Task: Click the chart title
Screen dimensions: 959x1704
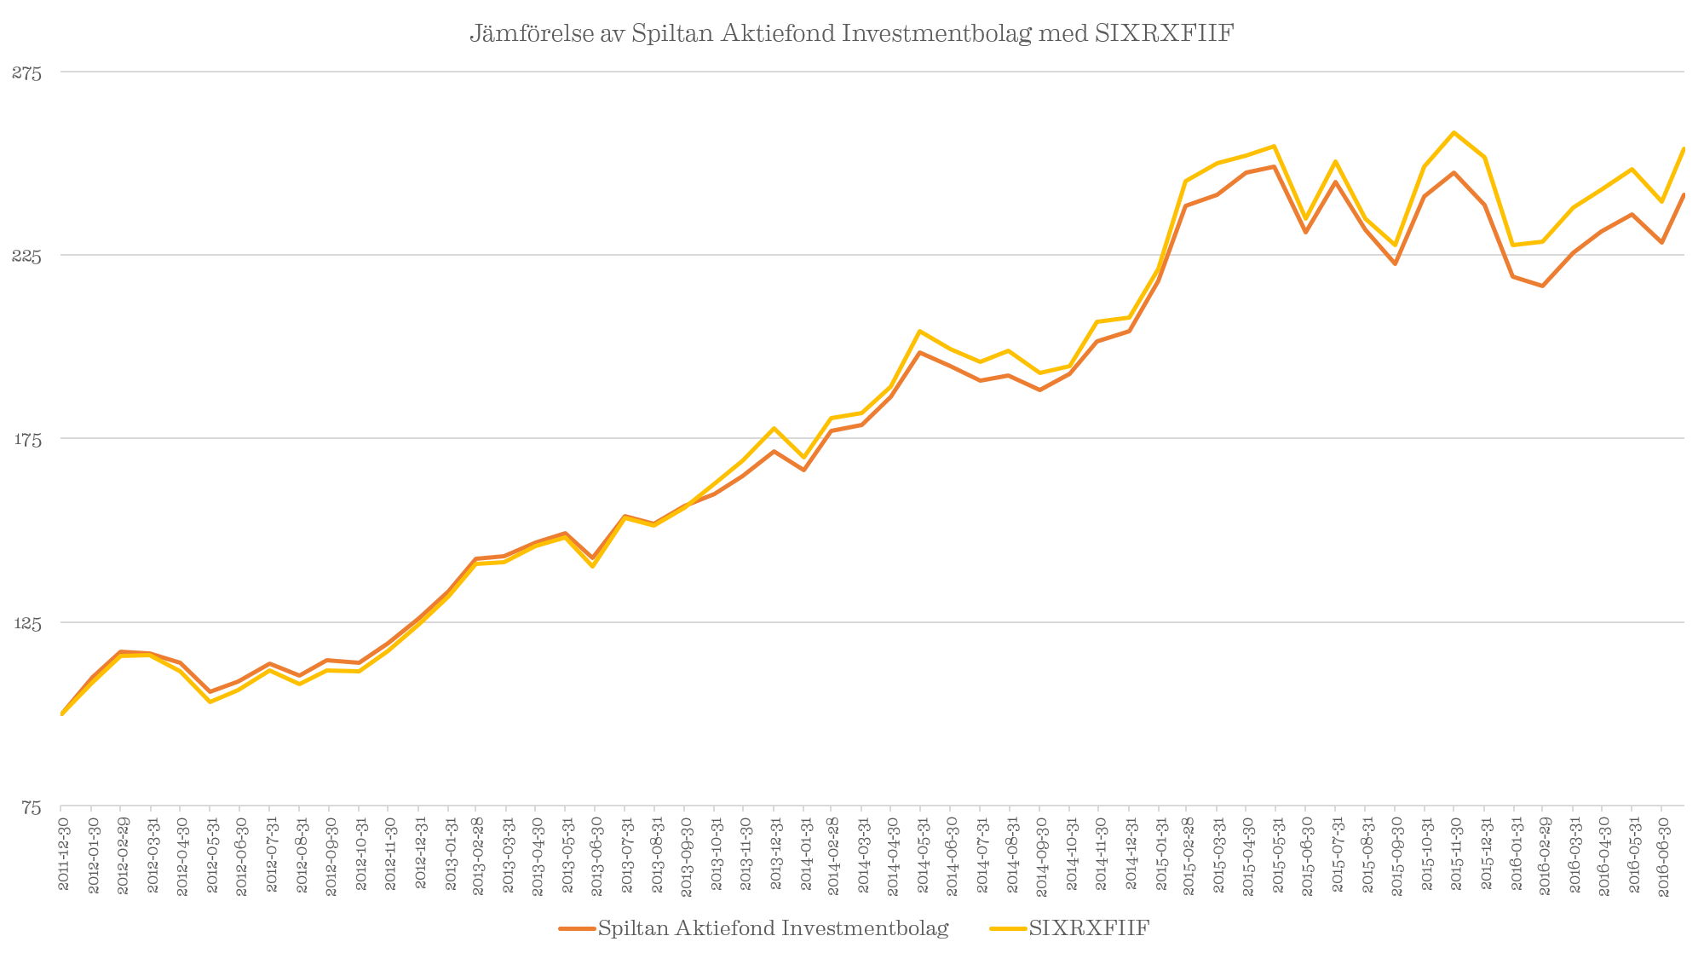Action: [x=852, y=34]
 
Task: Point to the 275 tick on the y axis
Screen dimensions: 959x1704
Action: [x=26, y=73]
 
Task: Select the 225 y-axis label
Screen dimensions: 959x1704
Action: [x=26, y=256]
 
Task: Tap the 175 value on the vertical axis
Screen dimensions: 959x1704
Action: [x=26, y=440]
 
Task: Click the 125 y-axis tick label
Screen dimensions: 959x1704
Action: [x=26, y=623]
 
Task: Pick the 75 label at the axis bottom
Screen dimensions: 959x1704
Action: [x=31, y=807]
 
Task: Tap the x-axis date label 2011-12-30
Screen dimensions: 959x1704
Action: [x=63, y=852]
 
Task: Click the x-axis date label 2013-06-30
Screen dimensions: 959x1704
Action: [x=596, y=852]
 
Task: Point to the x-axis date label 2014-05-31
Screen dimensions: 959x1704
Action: [x=923, y=852]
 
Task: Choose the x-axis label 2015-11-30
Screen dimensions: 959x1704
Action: [x=1456, y=852]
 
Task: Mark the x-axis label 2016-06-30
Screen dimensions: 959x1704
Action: [x=1663, y=852]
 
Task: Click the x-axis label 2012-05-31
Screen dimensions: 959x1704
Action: [x=211, y=852]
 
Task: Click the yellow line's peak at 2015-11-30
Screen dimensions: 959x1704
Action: [x=1454, y=132]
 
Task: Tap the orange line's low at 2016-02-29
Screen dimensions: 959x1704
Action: [x=1543, y=286]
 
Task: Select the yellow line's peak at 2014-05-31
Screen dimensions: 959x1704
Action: [x=920, y=331]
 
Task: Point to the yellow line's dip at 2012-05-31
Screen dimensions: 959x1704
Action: [x=210, y=702]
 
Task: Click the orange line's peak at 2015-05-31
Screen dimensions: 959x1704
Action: [x=1275, y=166]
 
